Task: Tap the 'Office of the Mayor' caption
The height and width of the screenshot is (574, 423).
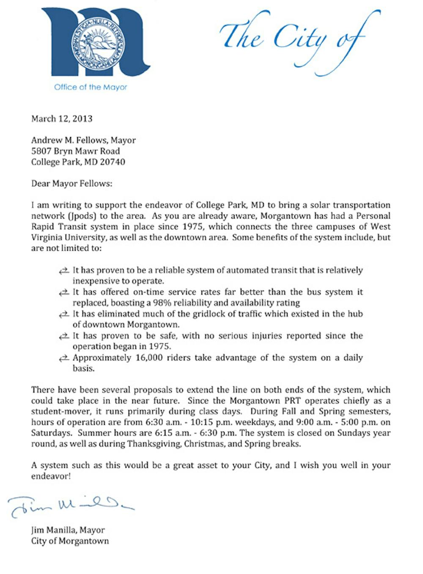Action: click(x=91, y=87)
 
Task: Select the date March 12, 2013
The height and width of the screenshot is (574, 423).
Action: click(x=62, y=119)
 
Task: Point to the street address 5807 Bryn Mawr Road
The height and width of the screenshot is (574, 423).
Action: click(x=76, y=151)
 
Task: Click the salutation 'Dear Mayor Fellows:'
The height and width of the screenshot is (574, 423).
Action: click(x=72, y=184)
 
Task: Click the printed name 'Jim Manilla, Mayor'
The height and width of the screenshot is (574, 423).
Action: click(x=68, y=530)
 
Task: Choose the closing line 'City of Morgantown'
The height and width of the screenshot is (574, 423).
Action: click(x=70, y=541)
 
